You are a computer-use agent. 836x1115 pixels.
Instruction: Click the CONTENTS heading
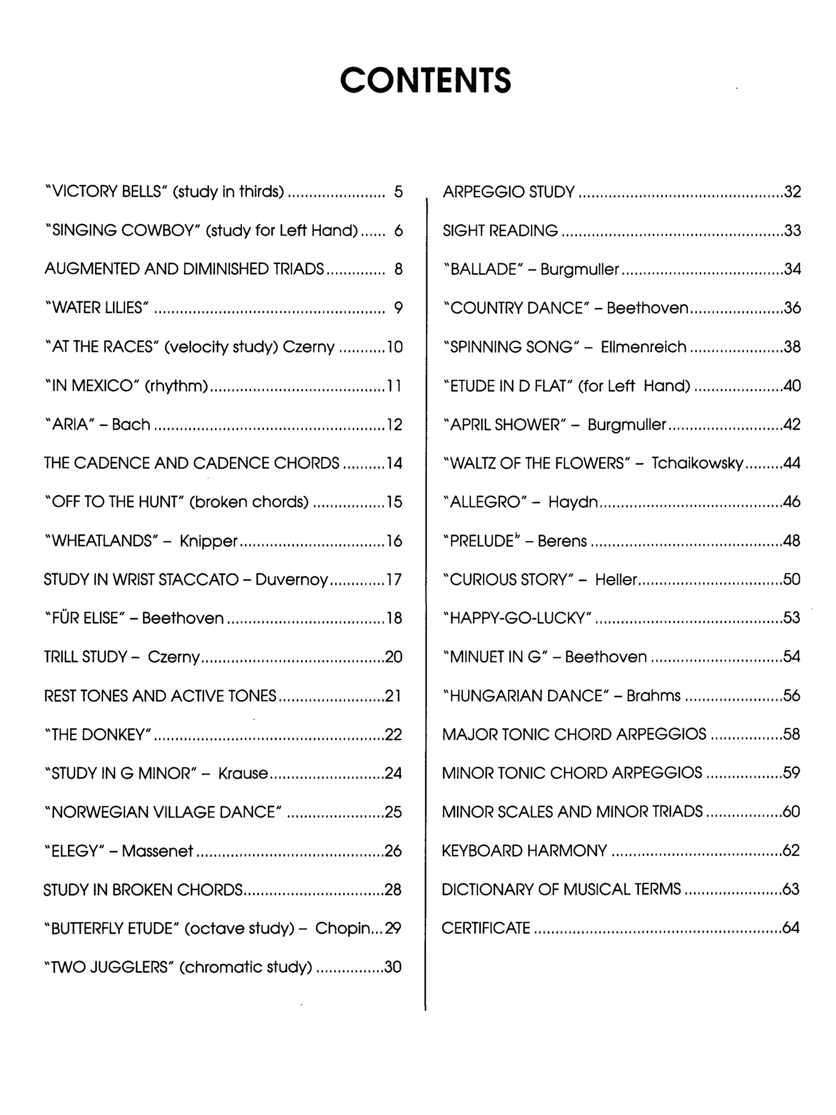point(425,80)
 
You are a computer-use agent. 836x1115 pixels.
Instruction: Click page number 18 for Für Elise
point(393,619)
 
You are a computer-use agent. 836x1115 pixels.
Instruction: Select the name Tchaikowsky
point(697,463)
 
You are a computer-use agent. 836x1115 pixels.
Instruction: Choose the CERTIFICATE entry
point(486,928)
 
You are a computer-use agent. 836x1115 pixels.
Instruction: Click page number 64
point(791,928)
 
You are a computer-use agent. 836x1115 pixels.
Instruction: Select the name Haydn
point(573,502)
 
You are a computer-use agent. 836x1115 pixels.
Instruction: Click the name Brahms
point(653,696)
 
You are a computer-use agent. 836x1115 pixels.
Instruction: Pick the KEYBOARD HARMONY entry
point(524,851)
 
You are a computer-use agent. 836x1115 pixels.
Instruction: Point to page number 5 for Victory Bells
point(398,192)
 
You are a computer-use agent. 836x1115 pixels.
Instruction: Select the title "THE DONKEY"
point(98,735)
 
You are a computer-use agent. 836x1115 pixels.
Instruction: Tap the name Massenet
point(157,851)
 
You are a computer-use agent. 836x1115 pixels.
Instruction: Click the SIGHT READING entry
point(500,231)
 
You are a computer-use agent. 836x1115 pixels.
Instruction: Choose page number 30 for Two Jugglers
point(393,967)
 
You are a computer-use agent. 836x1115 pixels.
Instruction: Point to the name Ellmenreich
point(643,347)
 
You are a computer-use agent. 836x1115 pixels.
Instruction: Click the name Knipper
point(208,541)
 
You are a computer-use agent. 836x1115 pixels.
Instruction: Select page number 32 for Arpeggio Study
point(792,192)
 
